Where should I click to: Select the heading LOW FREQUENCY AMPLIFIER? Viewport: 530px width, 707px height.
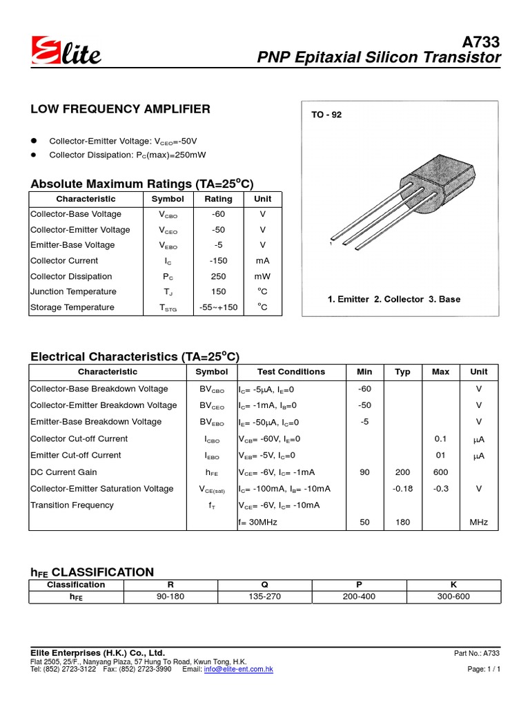(x=120, y=109)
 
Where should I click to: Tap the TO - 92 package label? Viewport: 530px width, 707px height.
(x=326, y=115)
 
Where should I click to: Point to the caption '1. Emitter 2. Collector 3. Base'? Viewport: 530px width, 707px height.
(x=393, y=299)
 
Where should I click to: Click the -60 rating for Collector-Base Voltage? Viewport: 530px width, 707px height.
(x=219, y=214)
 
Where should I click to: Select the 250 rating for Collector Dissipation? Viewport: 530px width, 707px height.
(x=219, y=276)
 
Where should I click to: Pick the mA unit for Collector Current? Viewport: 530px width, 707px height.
(x=262, y=261)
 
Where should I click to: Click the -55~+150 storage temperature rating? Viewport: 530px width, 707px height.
(x=219, y=307)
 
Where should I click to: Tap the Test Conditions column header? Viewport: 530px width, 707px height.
(x=291, y=371)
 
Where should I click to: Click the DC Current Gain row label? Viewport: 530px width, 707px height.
(x=63, y=472)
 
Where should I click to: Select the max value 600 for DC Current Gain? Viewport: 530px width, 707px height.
(x=440, y=472)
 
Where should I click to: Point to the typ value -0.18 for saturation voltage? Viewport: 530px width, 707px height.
(x=402, y=489)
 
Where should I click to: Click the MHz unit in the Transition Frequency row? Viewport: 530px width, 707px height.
(x=478, y=523)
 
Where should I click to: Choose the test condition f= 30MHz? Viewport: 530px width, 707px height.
(x=257, y=523)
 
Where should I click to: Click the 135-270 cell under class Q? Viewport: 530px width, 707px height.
(x=264, y=596)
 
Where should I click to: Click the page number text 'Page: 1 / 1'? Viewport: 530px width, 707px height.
(x=483, y=670)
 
